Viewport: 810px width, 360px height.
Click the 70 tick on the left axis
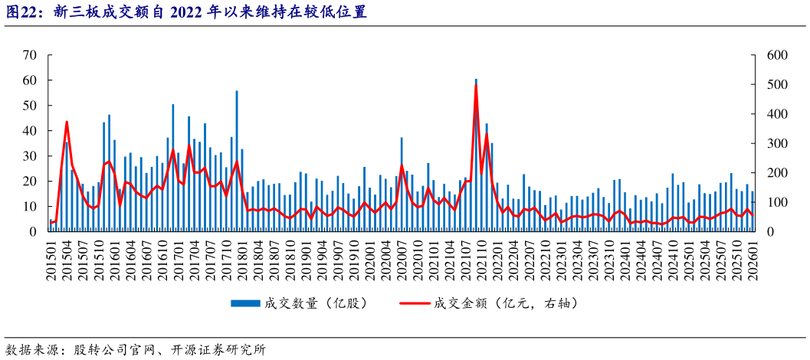pos(30,55)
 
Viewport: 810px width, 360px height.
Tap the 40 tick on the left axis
pos(30,131)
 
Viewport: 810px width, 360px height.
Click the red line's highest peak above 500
pos(476,84)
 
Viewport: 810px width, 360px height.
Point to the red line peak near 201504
pos(67,122)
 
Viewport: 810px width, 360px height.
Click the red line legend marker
pos(415,303)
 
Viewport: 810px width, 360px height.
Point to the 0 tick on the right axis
pos(766,231)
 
